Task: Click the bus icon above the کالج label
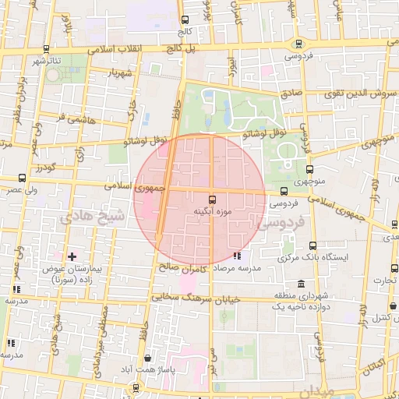pyautogui.click(x=185, y=20)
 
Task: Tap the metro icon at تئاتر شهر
pyautogui.click(x=46, y=48)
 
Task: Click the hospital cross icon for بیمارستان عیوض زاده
pyautogui.click(x=72, y=256)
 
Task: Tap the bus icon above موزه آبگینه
pyautogui.click(x=213, y=199)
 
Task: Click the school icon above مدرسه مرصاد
pyautogui.click(x=238, y=255)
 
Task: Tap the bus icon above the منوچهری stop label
pyautogui.click(x=310, y=168)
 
